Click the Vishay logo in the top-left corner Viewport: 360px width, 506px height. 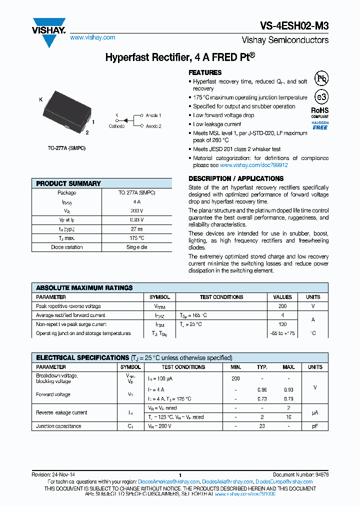tap(49, 31)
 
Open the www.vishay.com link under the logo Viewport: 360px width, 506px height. tap(92, 37)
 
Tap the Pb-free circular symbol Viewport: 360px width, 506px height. tap(321, 79)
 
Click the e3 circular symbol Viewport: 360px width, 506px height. tap(321, 97)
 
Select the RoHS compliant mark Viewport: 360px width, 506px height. tap(320, 112)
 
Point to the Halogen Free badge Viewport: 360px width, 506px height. tap(320, 125)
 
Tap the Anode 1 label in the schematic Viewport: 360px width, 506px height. tap(153, 115)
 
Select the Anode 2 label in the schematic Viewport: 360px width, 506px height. tap(153, 126)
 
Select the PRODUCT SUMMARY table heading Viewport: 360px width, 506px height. tap(68, 183)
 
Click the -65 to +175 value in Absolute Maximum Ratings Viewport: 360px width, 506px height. tap(282, 333)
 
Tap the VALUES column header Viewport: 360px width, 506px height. tap(282, 297)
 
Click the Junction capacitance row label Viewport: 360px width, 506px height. tap(58, 426)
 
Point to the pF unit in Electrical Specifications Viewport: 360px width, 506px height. tap(315, 426)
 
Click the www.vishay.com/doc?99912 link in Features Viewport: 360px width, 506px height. tap(253, 165)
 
